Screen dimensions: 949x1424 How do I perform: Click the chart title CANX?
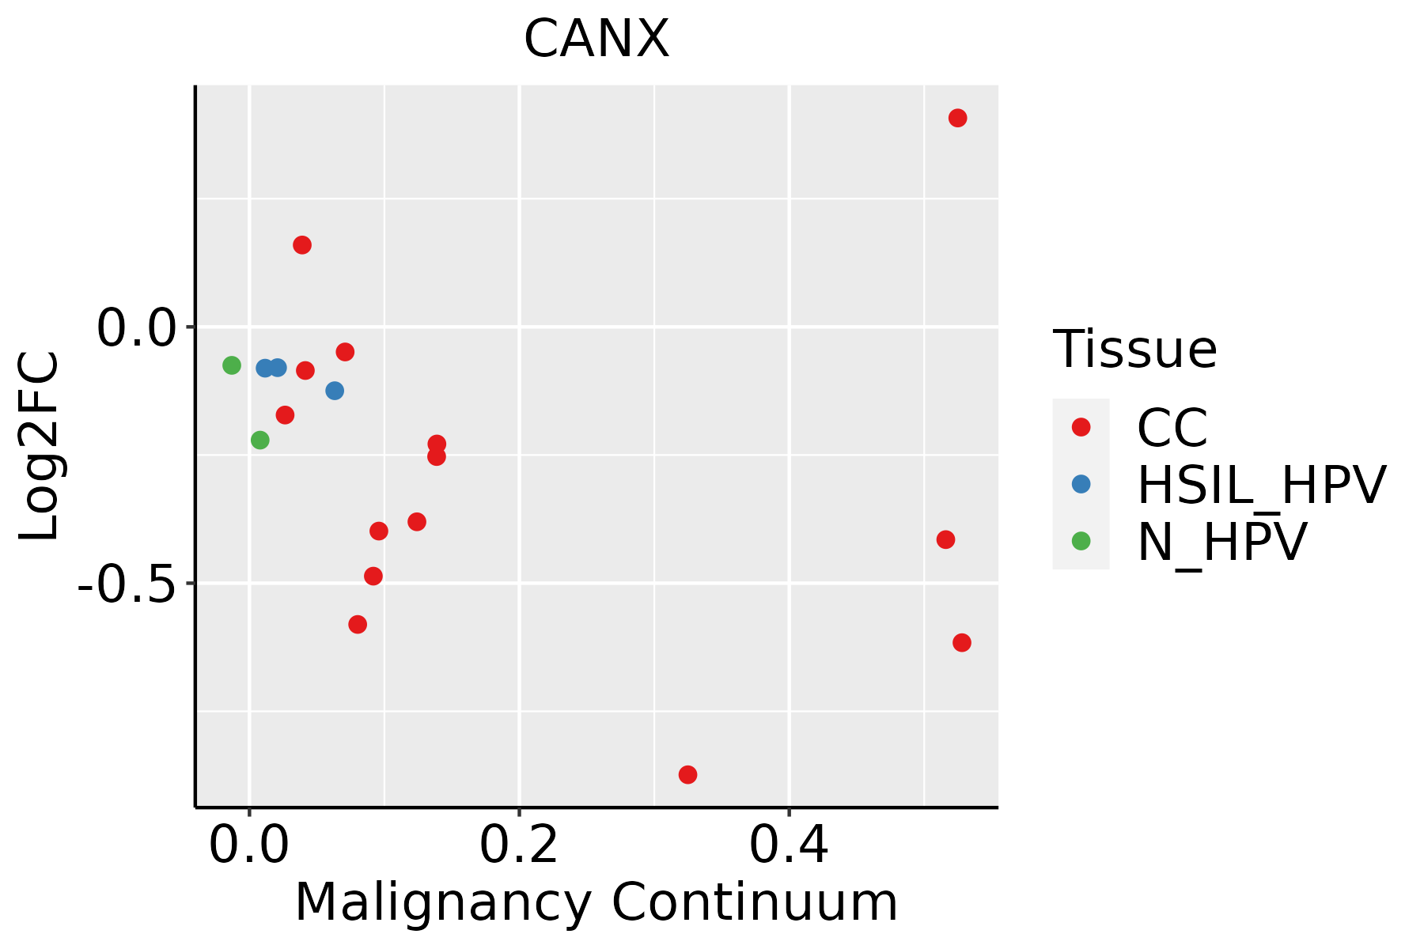[596, 40]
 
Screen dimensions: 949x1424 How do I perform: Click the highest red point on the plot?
[957, 119]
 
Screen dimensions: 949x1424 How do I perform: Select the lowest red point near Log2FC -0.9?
[687, 774]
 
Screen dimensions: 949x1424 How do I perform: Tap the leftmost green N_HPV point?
[232, 365]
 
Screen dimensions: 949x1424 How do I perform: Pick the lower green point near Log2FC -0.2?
[260, 440]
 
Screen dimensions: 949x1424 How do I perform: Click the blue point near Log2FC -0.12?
[335, 391]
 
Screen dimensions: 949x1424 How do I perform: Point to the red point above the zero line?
[302, 245]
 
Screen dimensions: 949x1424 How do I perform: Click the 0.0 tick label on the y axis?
[134, 328]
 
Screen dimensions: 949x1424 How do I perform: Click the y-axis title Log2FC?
[40, 446]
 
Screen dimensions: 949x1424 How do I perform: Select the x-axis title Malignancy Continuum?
[596, 903]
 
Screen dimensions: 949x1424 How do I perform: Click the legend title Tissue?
[1134, 349]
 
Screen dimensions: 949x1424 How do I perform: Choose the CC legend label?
[1172, 428]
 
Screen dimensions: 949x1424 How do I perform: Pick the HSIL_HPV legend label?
[1261, 485]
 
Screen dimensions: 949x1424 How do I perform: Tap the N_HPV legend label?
[1221, 542]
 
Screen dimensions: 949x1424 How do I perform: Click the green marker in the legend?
[1081, 541]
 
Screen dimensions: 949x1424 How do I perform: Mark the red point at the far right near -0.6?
[962, 642]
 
